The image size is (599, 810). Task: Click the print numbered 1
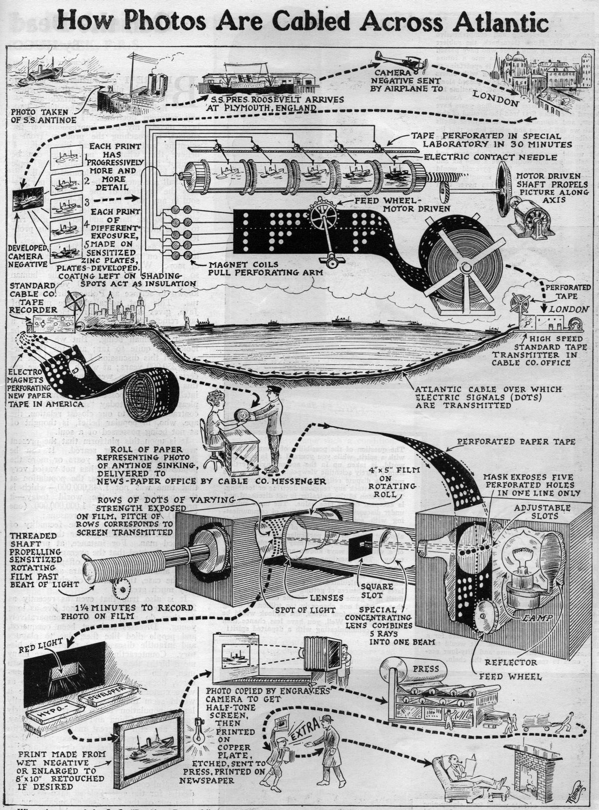[66, 158]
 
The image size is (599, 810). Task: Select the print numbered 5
[66, 251]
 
